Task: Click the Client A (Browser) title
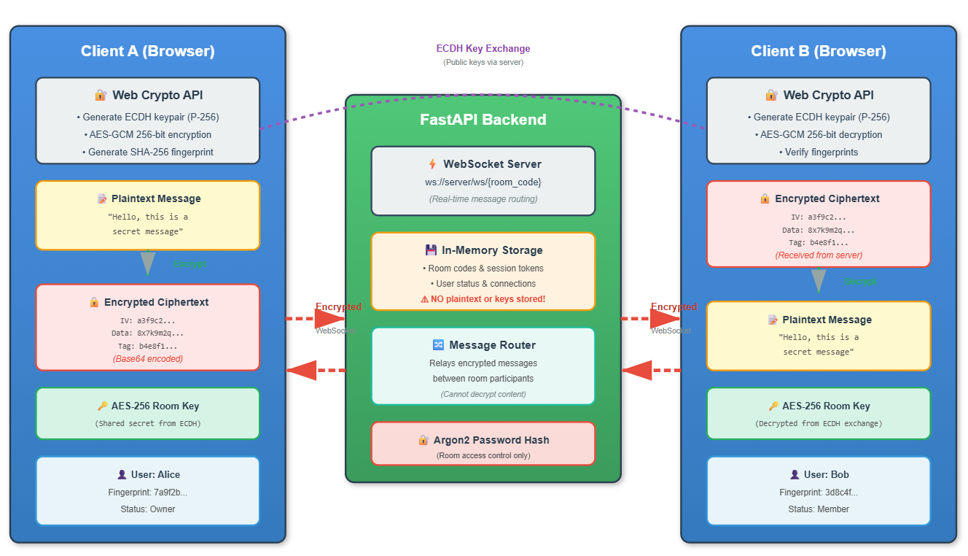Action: click(147, 51)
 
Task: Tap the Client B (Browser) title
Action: click(818, 51)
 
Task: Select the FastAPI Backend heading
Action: click(483, 120)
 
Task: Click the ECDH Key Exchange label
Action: click(483, 49)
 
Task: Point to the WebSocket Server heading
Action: click(492, 164)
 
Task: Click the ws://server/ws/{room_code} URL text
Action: click(483, 182)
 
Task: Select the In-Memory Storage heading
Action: click(492, 250)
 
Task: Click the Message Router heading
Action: click(492, 345)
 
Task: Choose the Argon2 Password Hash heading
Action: click(492, 440)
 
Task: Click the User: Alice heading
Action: click(155, 475)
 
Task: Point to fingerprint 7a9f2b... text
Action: click(147, 493)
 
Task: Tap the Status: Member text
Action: click(818, 509)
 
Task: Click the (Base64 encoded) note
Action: click(147, 359)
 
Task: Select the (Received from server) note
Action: click(818, 255)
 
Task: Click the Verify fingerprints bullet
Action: click(818, 152)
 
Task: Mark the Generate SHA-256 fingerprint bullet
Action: click(147, 152)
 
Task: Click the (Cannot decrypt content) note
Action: click(483, 394)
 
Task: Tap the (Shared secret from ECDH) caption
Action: click(147, 423)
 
